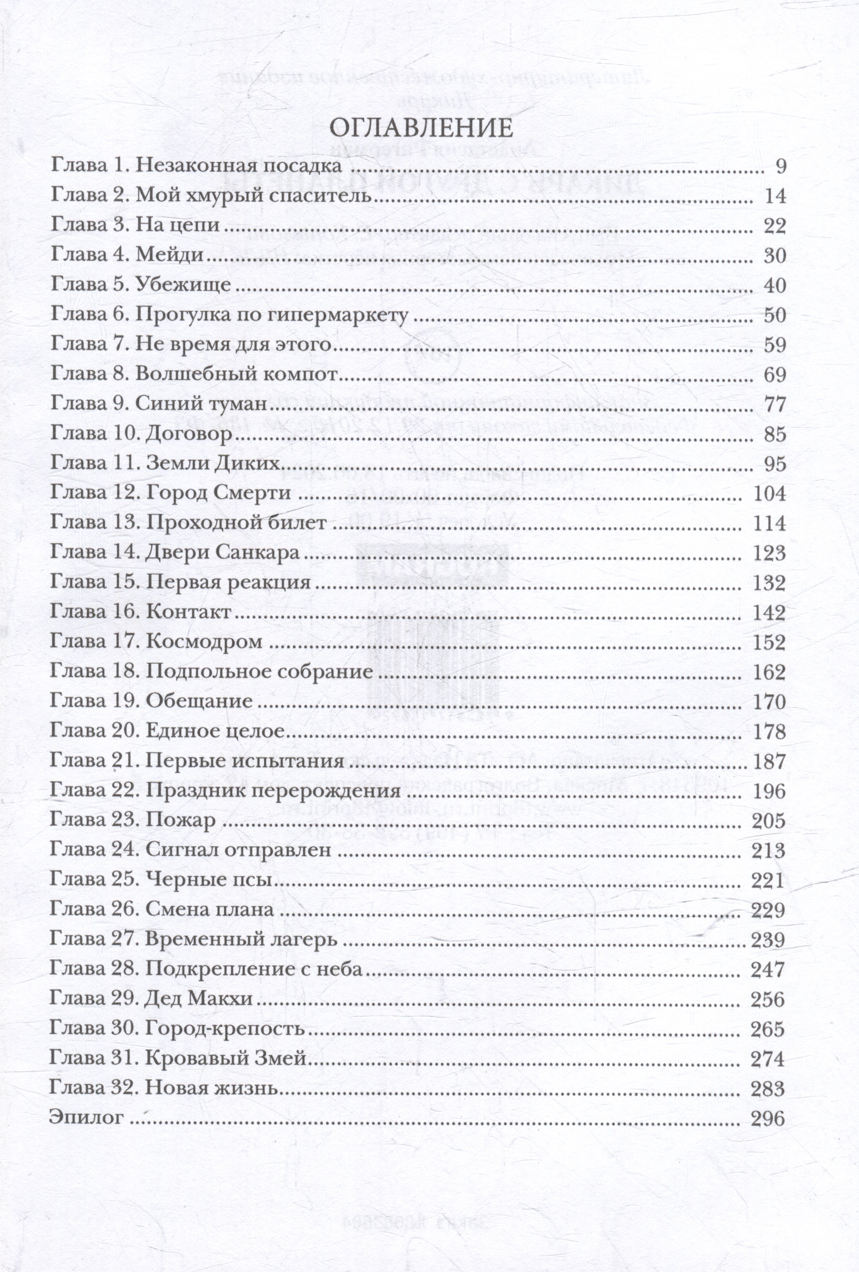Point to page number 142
(769, 613)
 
